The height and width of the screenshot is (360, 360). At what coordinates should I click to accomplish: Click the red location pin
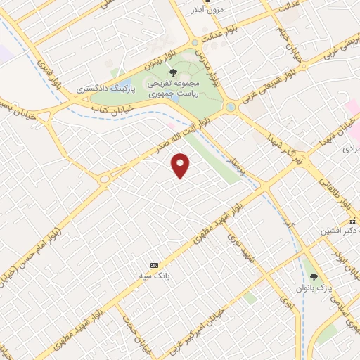tap(181, 165)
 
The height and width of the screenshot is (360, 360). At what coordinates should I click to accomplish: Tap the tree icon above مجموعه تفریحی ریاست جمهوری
tap(173, 72)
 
